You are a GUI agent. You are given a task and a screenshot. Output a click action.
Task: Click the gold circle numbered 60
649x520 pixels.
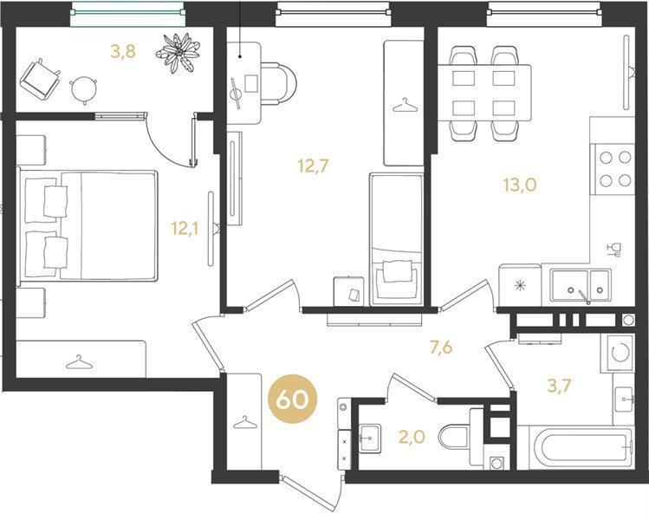click(x=293, y=400)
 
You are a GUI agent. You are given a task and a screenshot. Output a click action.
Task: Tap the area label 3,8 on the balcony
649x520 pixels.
click(x=123, y=52)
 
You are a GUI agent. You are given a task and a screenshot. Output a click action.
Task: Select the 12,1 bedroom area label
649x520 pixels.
click(x=185, y=228)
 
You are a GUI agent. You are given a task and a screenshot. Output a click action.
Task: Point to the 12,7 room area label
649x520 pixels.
click(x=313, y=166)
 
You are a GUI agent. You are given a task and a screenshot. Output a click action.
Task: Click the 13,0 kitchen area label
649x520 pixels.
click(x=520, y=185)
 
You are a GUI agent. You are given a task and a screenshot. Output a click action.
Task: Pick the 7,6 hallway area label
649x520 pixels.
click(x=441, y=348)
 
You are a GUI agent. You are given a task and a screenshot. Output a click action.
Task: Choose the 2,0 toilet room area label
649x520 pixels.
click(x=412, y=437)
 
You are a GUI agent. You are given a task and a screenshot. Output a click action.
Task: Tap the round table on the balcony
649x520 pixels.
click(x=84, y=89)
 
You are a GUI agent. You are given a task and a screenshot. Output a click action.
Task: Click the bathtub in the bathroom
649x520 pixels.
click(x=575, y=447)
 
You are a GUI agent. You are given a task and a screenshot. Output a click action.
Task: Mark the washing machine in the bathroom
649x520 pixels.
click(x=617, y=353)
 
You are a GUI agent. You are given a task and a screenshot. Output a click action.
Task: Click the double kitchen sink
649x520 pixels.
click(x=581, y=286)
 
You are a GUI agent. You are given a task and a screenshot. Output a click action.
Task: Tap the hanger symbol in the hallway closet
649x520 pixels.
click(x=245, y=422)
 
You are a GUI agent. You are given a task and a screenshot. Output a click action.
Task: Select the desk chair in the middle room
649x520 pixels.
click(x=278, y=84)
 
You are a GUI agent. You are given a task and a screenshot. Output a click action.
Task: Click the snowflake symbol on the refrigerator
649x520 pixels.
click(x=520, y=285)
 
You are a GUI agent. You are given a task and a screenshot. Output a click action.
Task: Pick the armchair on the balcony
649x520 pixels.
click(x=40, y=79)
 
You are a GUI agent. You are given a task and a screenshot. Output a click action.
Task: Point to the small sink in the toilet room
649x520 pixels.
click(x=370, y=438)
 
